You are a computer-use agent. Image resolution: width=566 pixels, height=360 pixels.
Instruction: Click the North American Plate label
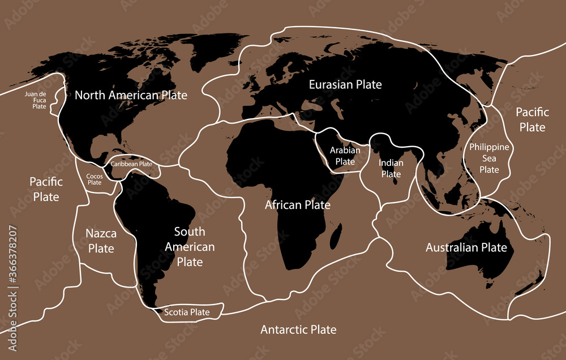131,95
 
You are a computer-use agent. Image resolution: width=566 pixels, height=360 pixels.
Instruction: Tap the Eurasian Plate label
345,85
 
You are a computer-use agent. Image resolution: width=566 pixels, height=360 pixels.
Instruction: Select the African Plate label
298,205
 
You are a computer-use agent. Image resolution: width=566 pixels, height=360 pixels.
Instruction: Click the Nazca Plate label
101,241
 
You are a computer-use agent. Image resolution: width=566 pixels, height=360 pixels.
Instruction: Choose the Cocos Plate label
94,179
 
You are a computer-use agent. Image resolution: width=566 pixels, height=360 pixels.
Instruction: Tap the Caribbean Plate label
131,164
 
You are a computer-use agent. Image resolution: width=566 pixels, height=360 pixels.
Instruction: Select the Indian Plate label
391,169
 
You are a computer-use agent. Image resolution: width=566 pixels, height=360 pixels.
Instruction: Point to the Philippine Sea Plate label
490,158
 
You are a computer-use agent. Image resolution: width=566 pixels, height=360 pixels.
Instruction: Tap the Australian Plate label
466,248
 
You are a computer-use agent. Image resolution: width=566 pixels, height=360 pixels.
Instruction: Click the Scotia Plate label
187,312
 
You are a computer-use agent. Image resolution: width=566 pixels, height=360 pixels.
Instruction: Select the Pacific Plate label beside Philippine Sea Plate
532,119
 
